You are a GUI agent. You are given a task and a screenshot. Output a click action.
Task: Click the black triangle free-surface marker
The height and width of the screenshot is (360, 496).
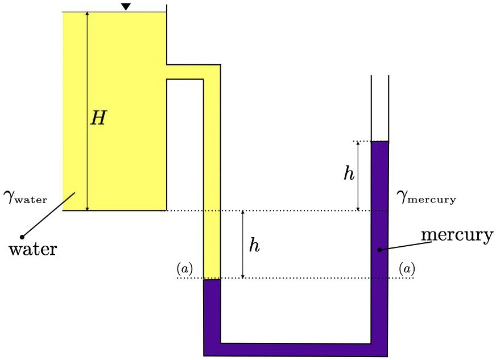pos(126,7)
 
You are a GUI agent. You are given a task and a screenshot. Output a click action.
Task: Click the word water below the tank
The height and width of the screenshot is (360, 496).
pos(33,249)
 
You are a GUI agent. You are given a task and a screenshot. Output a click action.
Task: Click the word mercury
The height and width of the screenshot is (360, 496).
pos(457,235)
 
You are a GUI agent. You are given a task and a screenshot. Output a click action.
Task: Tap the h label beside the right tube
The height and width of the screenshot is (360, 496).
pos(349,173)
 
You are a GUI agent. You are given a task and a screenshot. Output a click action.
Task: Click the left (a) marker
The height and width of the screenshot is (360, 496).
pos(185,268)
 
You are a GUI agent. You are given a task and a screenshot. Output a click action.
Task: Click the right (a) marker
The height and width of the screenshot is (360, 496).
pos(407,268)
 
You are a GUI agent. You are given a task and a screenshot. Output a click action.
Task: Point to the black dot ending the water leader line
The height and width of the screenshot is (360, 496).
pos(22,236)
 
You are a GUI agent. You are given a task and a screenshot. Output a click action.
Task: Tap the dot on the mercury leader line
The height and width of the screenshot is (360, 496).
pos(379,249)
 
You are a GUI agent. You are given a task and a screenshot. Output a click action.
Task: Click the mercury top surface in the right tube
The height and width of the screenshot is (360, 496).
pos(379,142)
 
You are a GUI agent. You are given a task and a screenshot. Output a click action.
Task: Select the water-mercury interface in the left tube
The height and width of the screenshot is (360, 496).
pos(212,279)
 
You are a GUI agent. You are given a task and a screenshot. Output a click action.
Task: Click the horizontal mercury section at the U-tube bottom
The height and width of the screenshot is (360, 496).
pos(296,349)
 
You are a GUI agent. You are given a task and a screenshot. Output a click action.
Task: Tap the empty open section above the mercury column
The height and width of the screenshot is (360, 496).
pos(379,108)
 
